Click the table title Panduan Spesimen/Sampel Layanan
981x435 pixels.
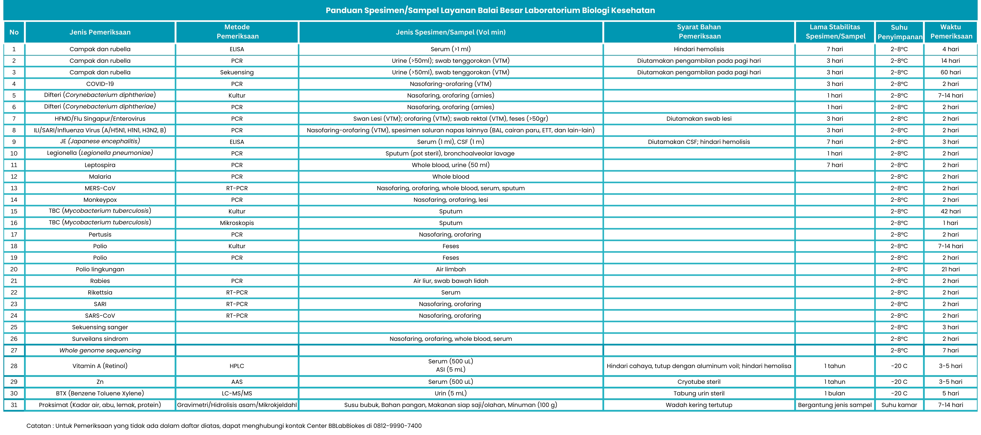490,10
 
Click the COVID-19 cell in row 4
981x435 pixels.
100,84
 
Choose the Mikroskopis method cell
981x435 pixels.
237,223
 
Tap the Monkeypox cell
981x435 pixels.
100,200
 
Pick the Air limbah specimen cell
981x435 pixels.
451,269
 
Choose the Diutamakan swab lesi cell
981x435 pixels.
699,118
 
